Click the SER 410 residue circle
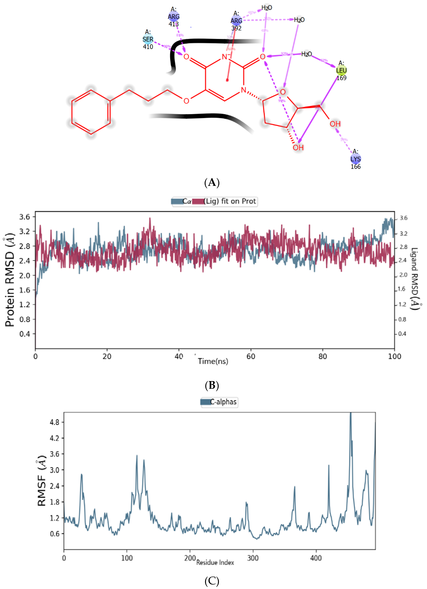(x=148, y=40)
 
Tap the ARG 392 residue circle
(x=236, y=20)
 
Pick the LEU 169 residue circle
(x=341, y=70)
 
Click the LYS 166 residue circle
(x=356, y=159)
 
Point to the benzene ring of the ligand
(x=91, y=112)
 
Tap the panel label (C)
(x=212, y=581)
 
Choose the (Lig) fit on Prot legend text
(x=230, y=201)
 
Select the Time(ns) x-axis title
(x=213, y=361)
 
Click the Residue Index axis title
(x=215, y=563)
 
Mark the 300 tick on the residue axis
(x=253, y=558)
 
